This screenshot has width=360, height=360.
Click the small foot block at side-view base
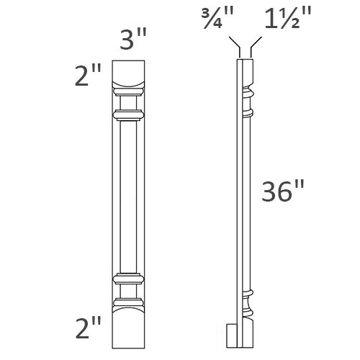pyautogui.click(x=232, y=335)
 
